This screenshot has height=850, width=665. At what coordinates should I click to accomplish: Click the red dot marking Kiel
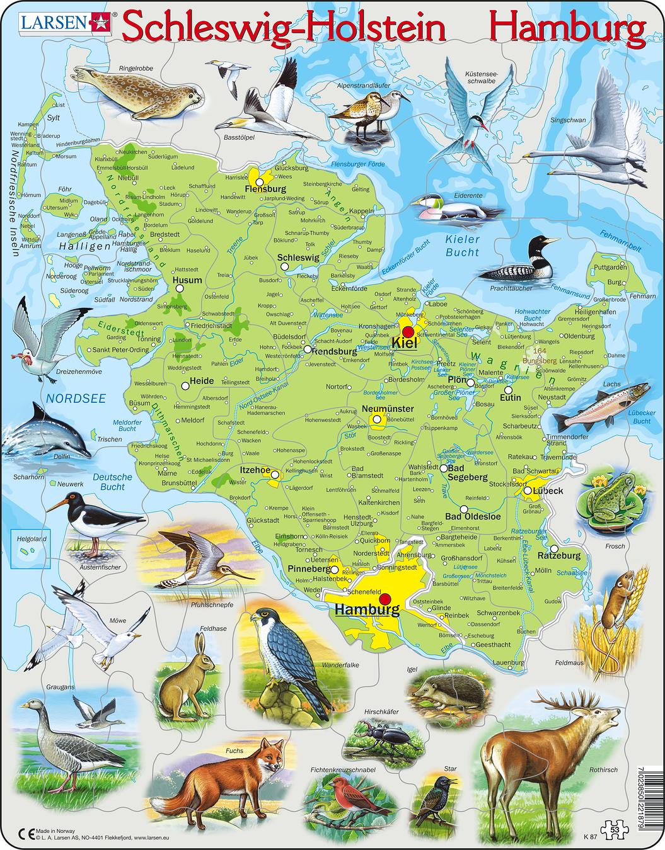point(408,332)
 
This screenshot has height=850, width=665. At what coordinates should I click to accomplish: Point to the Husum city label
point(187,280)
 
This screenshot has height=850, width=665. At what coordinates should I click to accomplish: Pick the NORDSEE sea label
point(75,398)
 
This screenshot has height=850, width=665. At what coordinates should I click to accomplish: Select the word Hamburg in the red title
point(568,28)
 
